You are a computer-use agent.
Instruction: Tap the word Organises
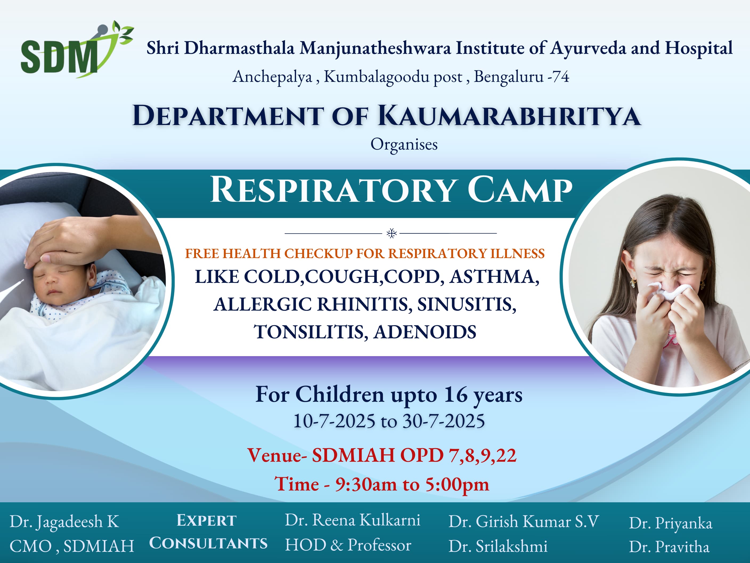[x=404, y=144]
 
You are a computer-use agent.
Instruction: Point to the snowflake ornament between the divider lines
[x=392, y=233]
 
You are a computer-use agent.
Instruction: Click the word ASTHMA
[x=494, y=277]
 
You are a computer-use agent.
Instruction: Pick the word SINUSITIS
[x=467, y=304]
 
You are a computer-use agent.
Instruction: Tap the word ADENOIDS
[x=425, y=332]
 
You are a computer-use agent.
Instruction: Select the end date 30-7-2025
[x=443, y=421]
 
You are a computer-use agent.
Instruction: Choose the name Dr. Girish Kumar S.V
[x=524, y=522]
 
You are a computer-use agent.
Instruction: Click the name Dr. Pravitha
[x=669, y=547]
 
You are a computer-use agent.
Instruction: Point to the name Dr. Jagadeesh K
[x=64, y=522]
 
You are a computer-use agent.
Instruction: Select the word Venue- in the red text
[x=277, y=455]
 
